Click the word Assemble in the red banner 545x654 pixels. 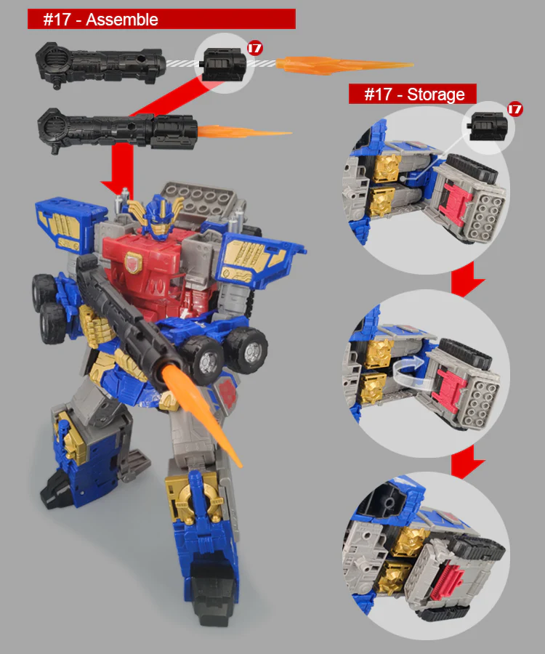[x=122, y=20]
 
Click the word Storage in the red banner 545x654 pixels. [x=436, y=94]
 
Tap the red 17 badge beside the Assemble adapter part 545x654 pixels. [x=255, y=48]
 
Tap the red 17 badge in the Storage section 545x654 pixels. [x=515, y=109]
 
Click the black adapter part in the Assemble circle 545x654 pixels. [x=221, y=64]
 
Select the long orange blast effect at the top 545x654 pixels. [x=344, y=65]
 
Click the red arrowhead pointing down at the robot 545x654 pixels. [x=118, y=187]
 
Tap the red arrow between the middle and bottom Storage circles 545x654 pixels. [x=467, y=462]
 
